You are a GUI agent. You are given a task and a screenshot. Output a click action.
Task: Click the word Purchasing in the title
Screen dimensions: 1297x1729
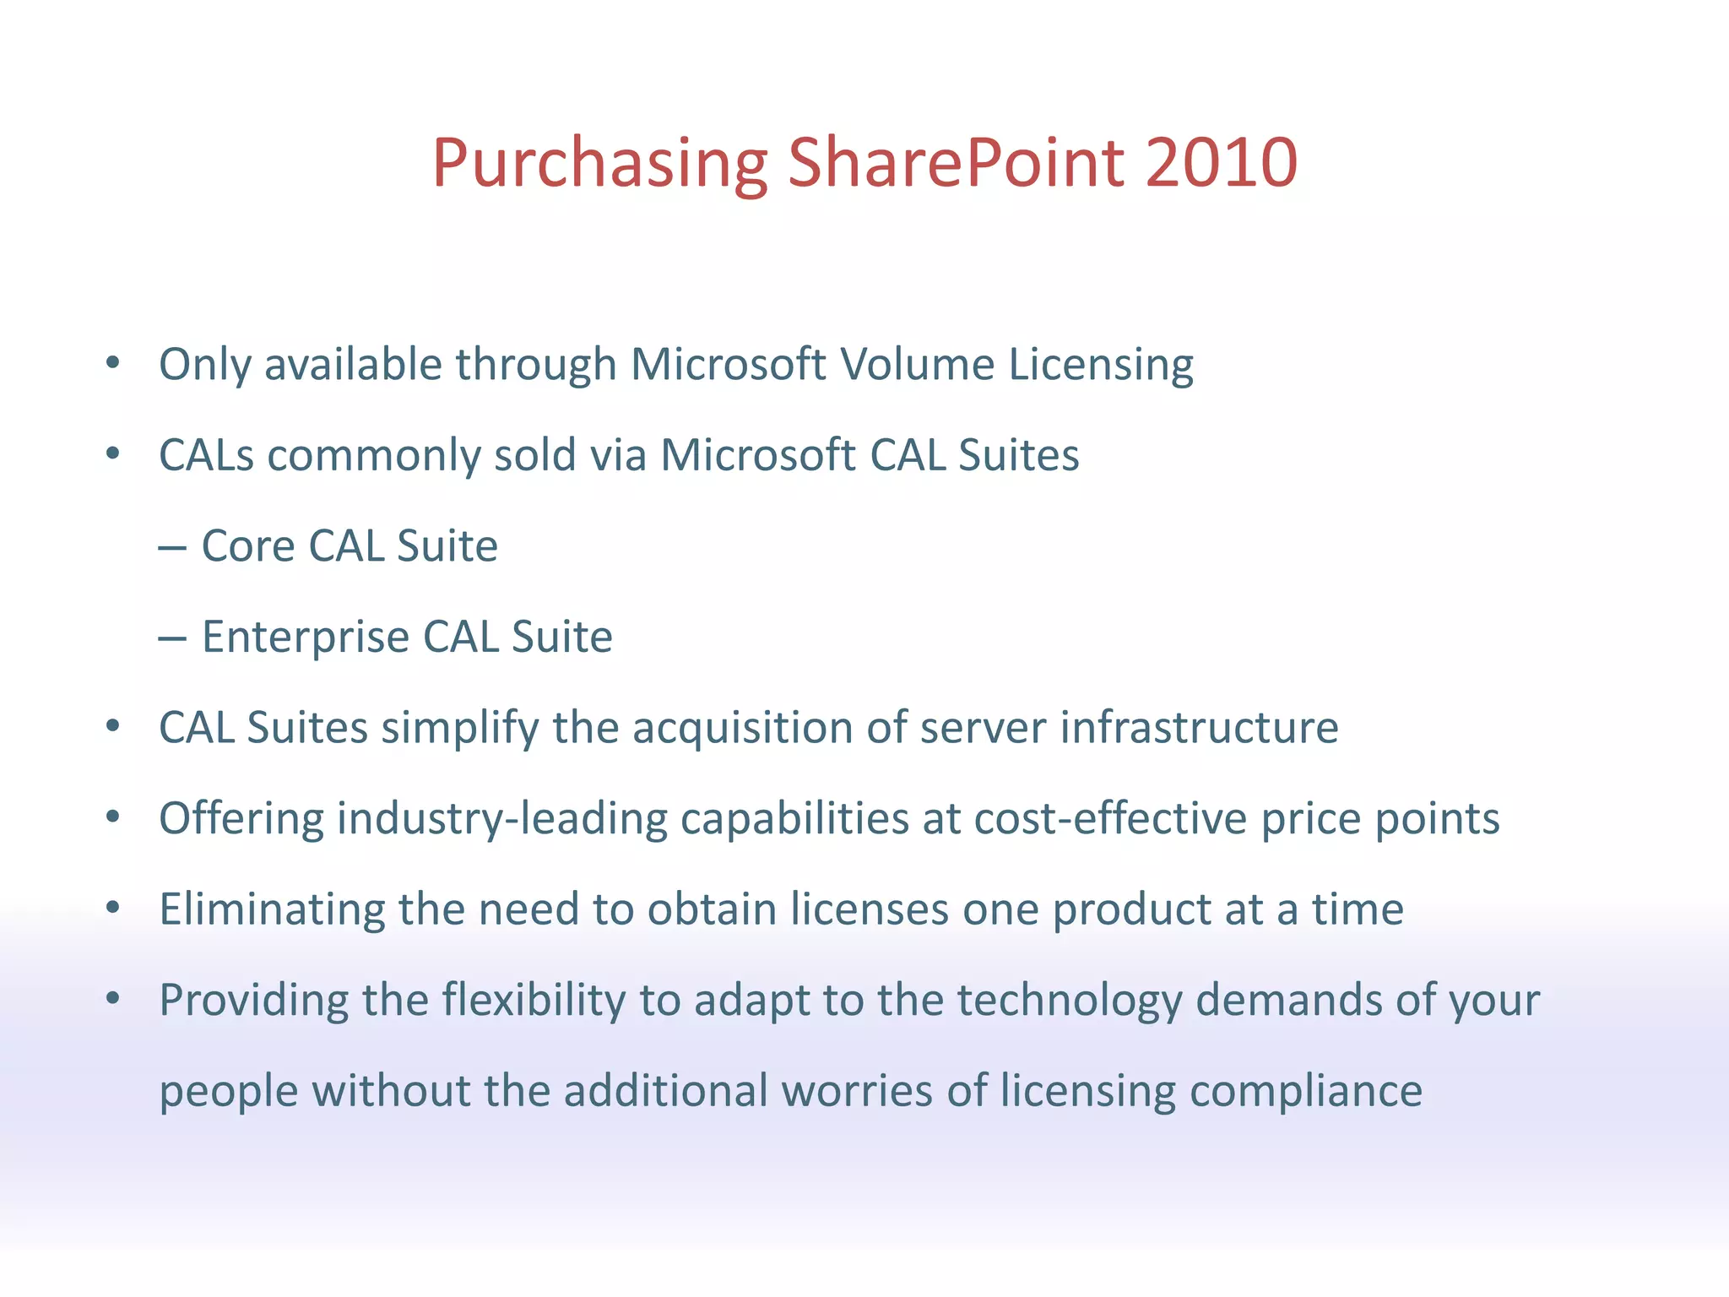point(599,164)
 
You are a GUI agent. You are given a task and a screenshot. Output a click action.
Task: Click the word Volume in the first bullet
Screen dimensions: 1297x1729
point(917,365)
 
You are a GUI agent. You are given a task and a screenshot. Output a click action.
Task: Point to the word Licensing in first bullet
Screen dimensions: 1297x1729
point(1101,366)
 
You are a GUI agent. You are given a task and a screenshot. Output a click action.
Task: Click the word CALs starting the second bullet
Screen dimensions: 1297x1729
point(206,455)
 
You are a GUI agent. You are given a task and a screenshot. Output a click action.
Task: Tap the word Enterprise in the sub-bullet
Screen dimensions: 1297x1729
point(305,638)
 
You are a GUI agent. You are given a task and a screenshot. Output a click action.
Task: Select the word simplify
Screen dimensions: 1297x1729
point(459,729)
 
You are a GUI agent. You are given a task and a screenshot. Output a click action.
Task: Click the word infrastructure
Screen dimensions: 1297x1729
point(1199,728)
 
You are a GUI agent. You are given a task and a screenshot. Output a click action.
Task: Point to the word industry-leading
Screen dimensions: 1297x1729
point(501,819)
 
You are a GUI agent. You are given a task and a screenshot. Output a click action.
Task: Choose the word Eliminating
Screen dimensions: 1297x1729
point(272,909)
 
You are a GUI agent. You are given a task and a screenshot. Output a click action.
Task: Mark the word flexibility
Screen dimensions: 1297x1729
point(534,1001)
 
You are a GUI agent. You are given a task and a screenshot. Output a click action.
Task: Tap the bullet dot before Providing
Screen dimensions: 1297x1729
point(113,1000)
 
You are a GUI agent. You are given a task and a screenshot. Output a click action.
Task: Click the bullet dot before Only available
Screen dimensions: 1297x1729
point(113,364)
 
